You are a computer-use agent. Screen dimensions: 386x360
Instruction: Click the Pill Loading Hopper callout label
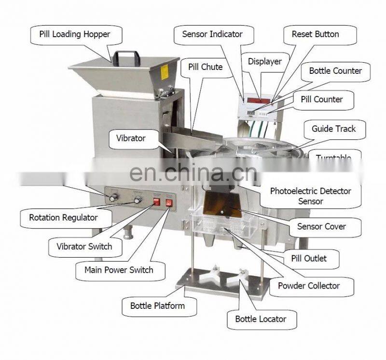point(75,34)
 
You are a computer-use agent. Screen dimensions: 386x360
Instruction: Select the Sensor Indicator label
point(212,34)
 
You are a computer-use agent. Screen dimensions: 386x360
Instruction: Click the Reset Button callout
point(316,34)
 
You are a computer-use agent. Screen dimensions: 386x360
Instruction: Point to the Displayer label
point(264,61)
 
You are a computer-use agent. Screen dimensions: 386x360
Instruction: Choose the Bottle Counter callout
point(335,71)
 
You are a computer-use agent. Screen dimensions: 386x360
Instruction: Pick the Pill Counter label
point(321,99)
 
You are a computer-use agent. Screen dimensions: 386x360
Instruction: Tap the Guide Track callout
point(334,129)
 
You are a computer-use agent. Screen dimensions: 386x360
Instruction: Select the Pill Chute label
point(205,67)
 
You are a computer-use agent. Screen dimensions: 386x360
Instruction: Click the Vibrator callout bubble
point(131,138)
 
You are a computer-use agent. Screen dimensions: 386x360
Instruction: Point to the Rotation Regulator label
point(63,218)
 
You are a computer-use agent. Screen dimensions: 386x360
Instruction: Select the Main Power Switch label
point(119,270)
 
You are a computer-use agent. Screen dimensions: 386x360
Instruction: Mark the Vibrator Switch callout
point(84,247)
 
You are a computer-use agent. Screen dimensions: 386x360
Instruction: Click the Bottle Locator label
point(261,319)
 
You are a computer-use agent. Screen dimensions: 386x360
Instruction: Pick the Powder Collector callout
point(309,286)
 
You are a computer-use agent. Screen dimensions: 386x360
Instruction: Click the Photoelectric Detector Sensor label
point(310,196)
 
